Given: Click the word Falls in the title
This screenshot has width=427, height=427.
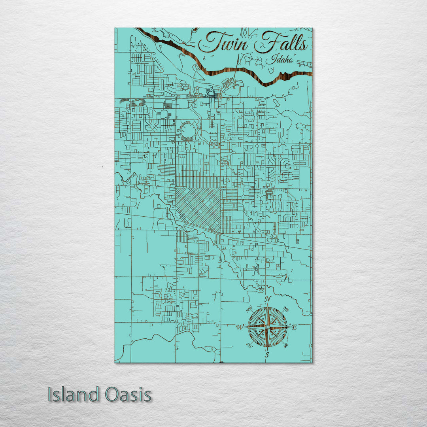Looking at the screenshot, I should pos(281,43).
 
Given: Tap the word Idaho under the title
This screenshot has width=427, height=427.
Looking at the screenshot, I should pos(280,59).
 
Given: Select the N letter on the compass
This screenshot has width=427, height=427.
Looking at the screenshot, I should pos(268,299).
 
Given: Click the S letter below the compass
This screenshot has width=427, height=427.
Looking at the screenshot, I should pos(267,355).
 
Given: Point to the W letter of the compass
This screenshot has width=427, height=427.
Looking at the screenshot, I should pos(240,327).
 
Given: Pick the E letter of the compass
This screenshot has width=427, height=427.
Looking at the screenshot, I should pos(294,327).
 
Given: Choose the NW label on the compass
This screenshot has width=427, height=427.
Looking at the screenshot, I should pos(249,309).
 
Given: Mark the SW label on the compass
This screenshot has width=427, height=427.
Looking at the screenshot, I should pos(249,345).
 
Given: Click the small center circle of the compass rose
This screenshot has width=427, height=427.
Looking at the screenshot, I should pos(267,327).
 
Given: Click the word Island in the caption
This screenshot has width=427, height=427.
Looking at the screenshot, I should pos(74,395).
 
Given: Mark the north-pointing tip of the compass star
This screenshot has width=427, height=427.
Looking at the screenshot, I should pos(267,305).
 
